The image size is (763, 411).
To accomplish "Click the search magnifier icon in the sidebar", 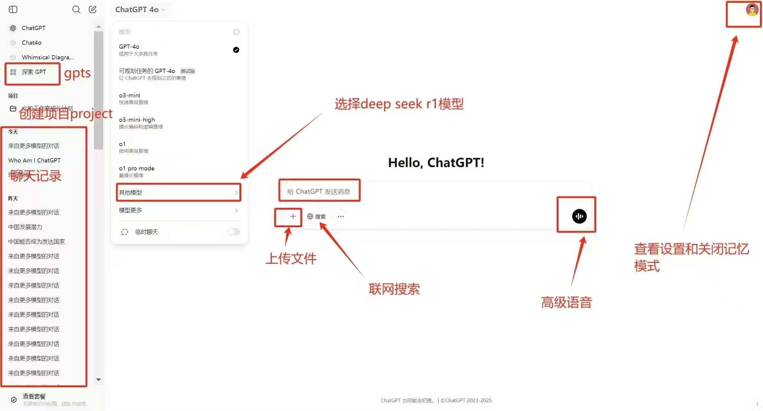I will tap(76, 10).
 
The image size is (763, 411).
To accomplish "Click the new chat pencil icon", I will tap(93, 10).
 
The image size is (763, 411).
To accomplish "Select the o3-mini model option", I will tap(129, 98).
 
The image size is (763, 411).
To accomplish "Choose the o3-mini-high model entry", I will tap(137, 122).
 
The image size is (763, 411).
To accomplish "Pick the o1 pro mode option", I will tap(136, 171).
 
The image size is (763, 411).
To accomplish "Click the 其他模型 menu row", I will tap(178, 193).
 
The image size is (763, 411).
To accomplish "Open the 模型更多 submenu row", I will tap(178, 210).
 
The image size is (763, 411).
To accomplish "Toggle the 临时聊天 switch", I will tap(233, 232).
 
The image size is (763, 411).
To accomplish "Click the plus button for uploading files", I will tap(293, 217).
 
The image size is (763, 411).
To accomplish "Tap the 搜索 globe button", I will tap(316, 217).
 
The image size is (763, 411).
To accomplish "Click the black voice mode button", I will tap(579, 216).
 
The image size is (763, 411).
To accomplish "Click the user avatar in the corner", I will tap(752, 10).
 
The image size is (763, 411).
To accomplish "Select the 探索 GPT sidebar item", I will tap(34, 72).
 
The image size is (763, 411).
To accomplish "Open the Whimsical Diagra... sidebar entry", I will tap(48, 57).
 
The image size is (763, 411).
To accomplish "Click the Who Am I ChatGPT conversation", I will tap(34, 161).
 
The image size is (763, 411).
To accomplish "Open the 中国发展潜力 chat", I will tap(25, 227).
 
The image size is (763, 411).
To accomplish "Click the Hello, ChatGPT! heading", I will tap(436, 162).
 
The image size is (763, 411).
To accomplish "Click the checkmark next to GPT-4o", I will tap(236, 50).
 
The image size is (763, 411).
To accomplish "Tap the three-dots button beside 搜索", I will tap(341, 217).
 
